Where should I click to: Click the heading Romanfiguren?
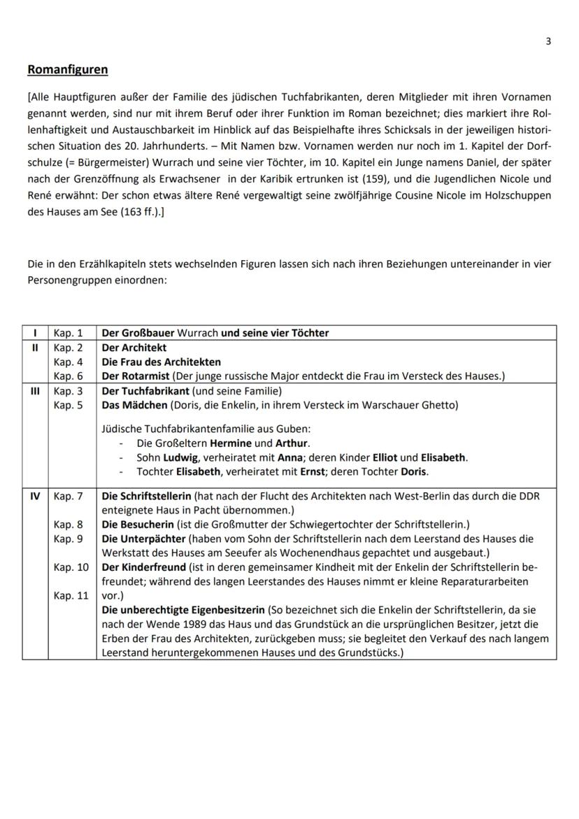coord(67,70)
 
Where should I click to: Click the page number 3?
coord(548,41)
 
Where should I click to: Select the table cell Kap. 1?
coord(68,333)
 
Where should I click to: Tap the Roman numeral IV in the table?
coord(34,496)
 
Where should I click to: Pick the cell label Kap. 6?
coord(68,376)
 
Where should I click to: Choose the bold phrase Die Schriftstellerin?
coord(146,496)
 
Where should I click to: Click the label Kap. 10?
coord(71,567)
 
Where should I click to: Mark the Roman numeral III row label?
coord(34,391)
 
